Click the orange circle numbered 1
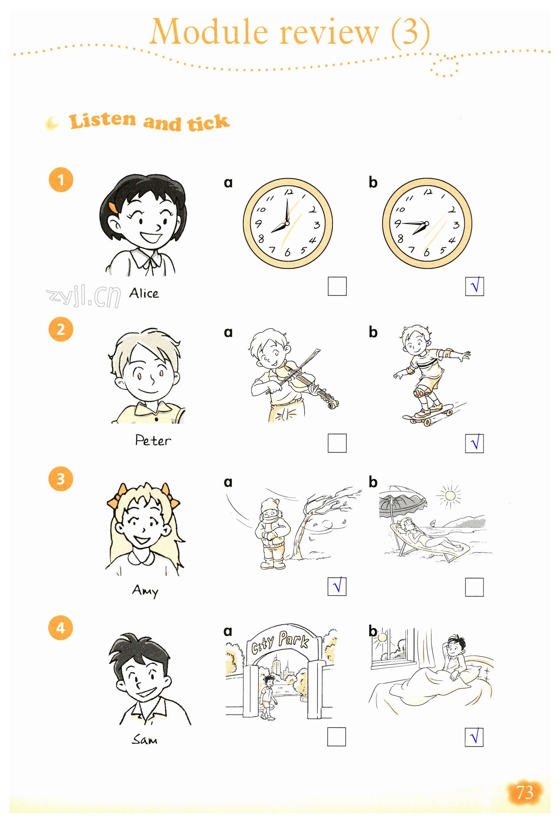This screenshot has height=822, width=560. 61,180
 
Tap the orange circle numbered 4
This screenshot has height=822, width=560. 61,628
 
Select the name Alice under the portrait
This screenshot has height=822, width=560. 144,293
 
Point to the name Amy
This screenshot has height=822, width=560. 145,591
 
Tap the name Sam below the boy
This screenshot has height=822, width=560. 144,740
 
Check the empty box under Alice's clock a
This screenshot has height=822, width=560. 337,286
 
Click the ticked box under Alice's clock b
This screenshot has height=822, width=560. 475,286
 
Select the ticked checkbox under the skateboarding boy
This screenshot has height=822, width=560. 475,443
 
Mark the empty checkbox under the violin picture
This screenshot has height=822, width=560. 337,443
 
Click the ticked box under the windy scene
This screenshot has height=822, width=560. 337,587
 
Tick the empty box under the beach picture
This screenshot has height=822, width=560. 475,587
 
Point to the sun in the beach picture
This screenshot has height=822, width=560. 450,495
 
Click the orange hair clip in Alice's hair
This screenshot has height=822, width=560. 113,208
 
